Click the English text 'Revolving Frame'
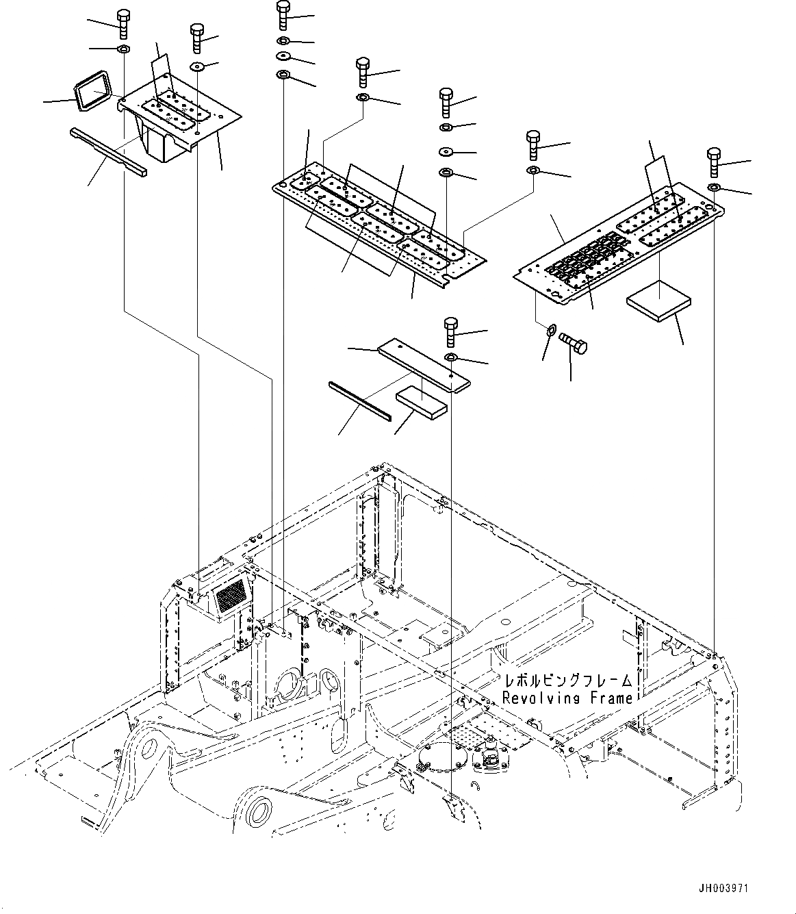pos(567,698)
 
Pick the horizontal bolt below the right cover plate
pos(573,342)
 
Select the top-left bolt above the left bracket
pos(123,24)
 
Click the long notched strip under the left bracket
pos(108,151)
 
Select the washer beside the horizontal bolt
pos(550,333)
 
